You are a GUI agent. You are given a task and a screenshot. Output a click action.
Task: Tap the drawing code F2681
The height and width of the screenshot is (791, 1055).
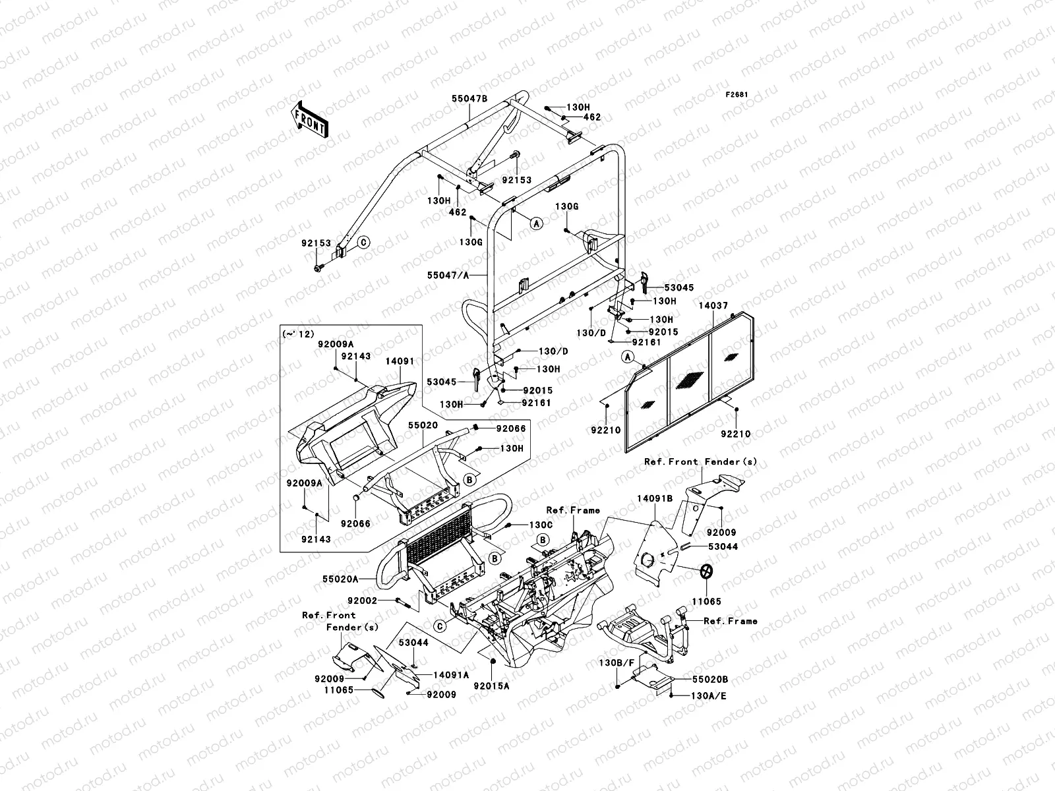click(x=738, y=95)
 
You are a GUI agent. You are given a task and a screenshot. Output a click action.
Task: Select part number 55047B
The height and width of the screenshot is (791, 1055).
click(x=469, y=98)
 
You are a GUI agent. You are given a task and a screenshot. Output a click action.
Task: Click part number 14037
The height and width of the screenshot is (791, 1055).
click(x=714, y=305)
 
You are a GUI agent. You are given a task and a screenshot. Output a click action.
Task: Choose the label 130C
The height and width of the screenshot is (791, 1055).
click(x=540, y=525)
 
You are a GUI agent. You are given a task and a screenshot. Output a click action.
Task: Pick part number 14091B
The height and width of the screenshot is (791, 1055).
click(x=655, y=499)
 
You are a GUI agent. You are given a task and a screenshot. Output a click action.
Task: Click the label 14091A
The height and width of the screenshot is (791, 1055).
click(x=451, y=674)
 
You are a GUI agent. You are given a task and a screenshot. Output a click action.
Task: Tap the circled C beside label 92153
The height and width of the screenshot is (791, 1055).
click(x=363, y=243)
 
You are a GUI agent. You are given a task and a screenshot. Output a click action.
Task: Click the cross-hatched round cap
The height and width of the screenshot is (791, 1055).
click(x=707, y=571)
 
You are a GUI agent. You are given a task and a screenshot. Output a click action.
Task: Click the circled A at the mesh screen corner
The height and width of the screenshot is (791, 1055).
click(x=628, y=357)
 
